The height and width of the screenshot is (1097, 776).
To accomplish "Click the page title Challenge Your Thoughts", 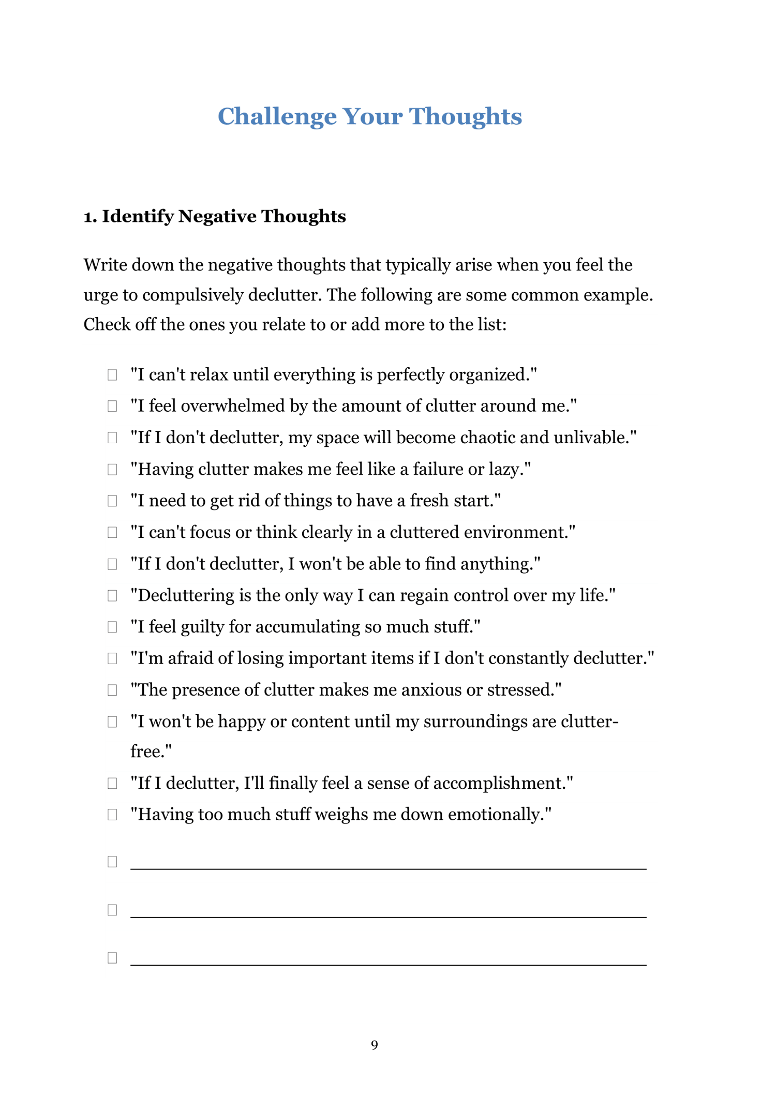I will click(x=369, y=116).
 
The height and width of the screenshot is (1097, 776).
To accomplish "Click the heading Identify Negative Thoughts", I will click(x=215, y=216).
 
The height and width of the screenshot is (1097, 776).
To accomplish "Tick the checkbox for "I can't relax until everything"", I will click(x=112, y=374).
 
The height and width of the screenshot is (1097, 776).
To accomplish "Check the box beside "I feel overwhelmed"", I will click(x=112, y=406).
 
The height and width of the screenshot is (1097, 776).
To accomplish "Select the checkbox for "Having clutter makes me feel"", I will click(x=112, y=469).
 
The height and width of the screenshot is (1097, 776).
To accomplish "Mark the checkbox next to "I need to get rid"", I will click(x=112, y=501).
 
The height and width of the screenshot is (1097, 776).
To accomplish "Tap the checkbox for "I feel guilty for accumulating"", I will click(x=112, y=627).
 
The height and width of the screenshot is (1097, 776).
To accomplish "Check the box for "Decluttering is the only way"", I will click(x=112, y=595).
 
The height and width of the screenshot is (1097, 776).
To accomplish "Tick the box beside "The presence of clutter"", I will click(x=112, y=690).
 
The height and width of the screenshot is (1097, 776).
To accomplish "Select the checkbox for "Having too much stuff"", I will click(x=112, y=815).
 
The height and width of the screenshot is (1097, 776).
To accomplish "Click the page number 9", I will click(x=375, y=1045).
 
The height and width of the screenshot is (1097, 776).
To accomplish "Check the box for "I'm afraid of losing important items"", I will click(x=112, y=658).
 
